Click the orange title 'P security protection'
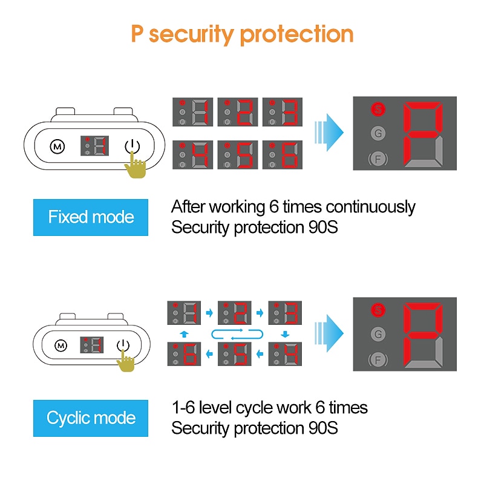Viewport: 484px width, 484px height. [x=242, y=34]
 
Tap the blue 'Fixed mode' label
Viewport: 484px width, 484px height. [x=91, y=217]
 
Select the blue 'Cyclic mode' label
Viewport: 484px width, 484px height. [x=91, y=418]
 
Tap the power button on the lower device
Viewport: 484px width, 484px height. [x=123, y=345]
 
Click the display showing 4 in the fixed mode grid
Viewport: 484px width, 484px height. [x=193, y=155]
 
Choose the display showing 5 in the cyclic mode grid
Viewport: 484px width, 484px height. [x=234, y=354]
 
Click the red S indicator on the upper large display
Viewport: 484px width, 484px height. [x=378, y=110]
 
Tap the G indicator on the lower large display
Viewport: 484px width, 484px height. [x=378, y=334]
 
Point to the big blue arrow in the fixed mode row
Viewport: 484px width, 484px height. [x=329, y=131]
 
